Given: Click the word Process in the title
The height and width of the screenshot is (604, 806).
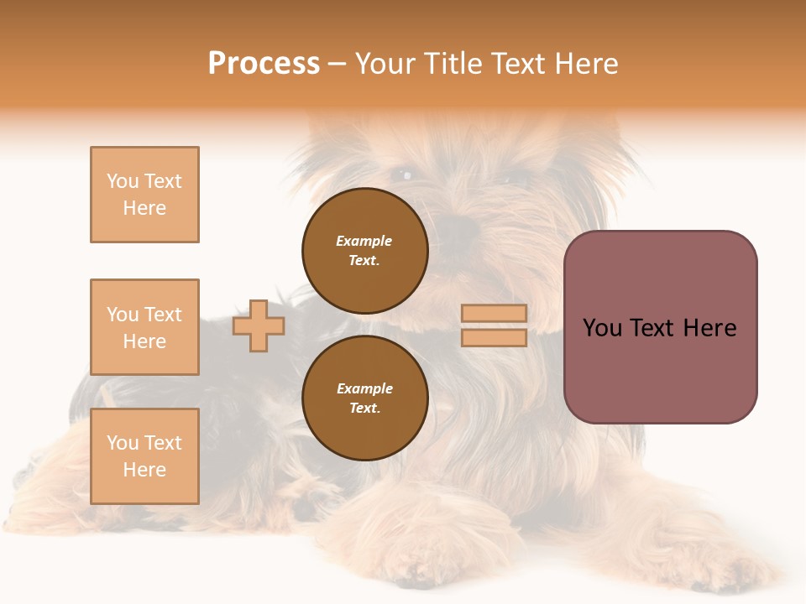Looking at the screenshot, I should [264, 64].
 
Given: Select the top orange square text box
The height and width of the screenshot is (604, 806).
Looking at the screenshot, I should [144, 195].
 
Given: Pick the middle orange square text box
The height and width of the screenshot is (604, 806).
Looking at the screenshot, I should [144, 327].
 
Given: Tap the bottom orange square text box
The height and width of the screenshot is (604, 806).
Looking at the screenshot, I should [144, 456].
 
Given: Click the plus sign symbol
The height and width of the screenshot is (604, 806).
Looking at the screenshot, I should [259, 325].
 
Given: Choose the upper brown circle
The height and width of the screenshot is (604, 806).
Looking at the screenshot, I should [365, 251].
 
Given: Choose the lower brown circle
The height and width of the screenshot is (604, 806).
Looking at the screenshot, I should [365, 398].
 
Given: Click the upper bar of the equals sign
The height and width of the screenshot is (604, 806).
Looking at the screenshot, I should [495, 313].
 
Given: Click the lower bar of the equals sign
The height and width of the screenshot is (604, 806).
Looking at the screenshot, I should [495, 337].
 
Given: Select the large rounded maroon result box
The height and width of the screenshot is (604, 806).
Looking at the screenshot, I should [661, 327].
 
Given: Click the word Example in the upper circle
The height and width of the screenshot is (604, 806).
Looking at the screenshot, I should [364, 241].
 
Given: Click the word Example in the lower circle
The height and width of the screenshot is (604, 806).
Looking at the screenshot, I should [364, 388].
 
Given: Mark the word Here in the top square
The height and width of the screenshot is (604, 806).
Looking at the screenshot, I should [144, 208].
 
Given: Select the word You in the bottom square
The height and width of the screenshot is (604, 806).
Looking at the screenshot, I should [123, 443].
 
